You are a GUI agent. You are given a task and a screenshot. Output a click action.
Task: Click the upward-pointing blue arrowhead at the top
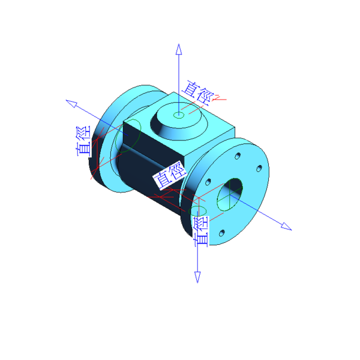click(x=179, y=49)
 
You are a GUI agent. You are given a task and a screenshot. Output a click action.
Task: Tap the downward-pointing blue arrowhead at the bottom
click(x=197, y=277)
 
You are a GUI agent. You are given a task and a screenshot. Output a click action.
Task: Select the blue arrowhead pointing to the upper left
click(x=71, y=103)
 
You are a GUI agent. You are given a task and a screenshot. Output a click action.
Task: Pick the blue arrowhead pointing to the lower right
click(x=286, y=226)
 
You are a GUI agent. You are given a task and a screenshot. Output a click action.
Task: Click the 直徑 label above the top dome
click(x=198, y=93)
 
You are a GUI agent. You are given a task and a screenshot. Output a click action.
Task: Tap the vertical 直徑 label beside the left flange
click(x=84, y=141)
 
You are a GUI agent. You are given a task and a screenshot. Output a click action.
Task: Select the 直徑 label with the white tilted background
click(x=170, y=175)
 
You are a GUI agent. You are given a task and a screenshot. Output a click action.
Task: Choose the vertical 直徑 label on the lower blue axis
click(x=202, y=232)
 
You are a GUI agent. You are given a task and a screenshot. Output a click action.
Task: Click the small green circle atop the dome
click(x=179, y=115)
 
